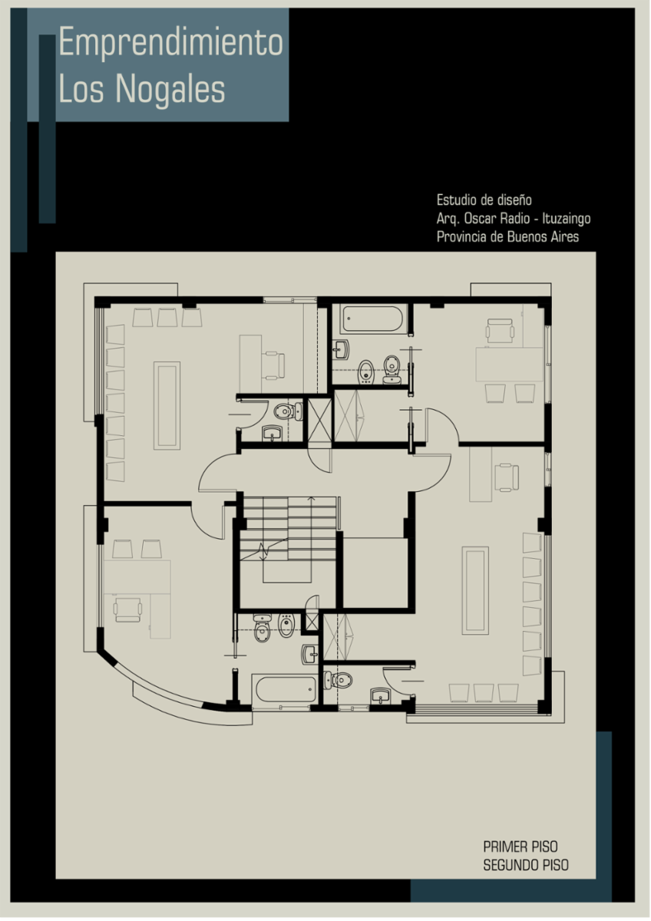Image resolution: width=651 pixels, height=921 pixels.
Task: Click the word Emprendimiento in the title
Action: (171, 41)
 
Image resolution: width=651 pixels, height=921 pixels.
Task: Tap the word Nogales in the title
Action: (170, 88)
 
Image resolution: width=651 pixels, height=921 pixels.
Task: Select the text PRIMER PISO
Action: (520, 847)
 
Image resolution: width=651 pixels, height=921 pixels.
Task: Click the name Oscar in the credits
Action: (481, 218)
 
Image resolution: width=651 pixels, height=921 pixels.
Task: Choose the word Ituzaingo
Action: (567, 219)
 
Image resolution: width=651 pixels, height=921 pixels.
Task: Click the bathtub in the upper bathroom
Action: (373, 319)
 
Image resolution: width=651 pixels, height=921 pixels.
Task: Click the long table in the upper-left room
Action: (167, 405)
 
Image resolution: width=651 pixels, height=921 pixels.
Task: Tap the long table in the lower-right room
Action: (475, 590)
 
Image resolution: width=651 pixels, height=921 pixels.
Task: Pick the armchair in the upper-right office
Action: (500, 330)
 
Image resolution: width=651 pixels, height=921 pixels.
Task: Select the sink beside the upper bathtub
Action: (341, 349)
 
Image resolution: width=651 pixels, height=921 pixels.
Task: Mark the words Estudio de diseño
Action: (484, 200)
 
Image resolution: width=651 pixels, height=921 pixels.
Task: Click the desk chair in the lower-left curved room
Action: (128, 609)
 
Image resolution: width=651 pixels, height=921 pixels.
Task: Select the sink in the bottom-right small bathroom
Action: (382, 695)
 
